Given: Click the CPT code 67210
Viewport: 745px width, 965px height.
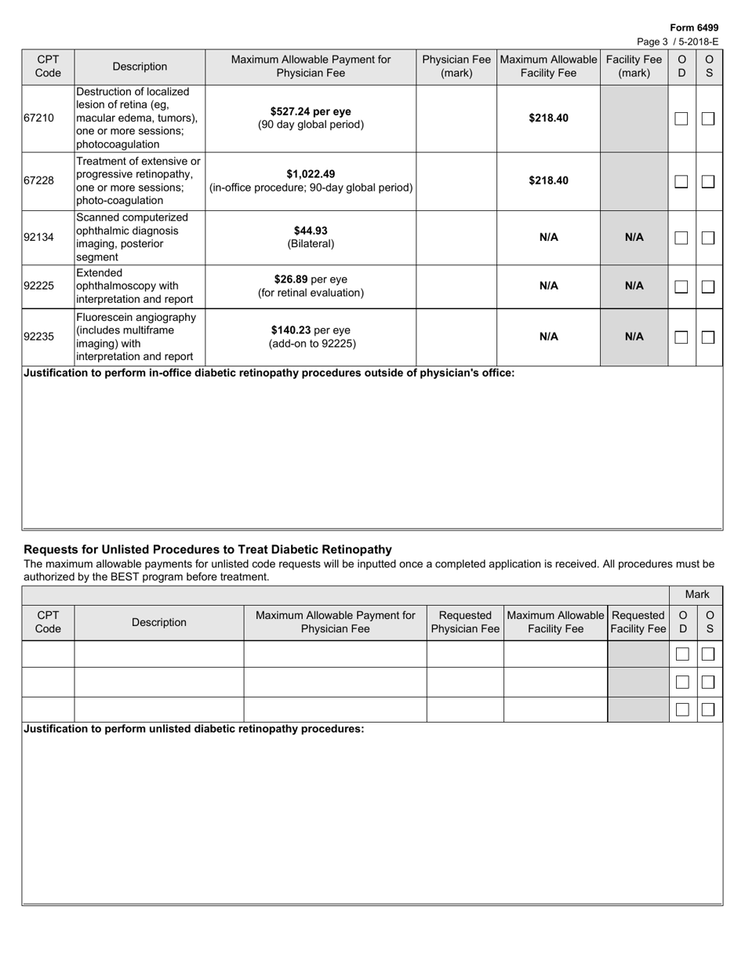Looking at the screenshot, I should tap(38, 118).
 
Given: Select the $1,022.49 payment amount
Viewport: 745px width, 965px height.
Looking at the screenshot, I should tap(311, 174).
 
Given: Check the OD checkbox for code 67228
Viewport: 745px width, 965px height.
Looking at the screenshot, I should tap(681, 181).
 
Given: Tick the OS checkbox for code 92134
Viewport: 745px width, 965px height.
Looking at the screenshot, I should tap(708, 238).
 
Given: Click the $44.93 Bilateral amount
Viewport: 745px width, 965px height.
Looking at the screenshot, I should tap(311, 231).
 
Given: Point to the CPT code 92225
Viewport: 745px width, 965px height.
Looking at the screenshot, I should tap(38, 286).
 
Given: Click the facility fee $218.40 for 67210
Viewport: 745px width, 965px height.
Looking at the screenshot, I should tap(548, 118).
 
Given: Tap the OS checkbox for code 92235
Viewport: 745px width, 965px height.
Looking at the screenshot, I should tap(708, 337).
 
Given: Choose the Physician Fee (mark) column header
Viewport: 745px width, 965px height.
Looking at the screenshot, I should tap(456, 67).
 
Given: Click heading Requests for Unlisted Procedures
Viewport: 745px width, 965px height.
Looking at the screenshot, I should tap(208, 549).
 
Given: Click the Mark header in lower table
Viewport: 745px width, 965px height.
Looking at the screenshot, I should tap(696, 595).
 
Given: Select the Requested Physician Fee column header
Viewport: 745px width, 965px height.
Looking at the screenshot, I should tap(465, 622).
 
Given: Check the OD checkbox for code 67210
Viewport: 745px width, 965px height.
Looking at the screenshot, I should tap(681, 118).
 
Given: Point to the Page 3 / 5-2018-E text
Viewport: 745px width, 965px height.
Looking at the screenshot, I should tap(678, 42).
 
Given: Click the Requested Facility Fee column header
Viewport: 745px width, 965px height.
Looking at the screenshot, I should tap(638, 622).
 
